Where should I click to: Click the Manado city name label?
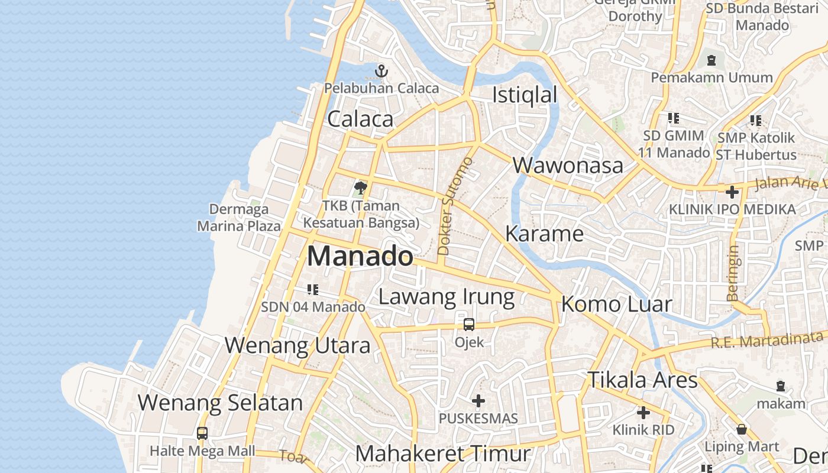click(x=360, y=257)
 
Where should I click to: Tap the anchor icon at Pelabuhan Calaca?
click(x=381, y=72)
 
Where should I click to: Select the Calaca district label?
click(x=360, y=119)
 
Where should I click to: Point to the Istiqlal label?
click(x=525, y=95)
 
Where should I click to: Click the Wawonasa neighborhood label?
click(x=568, y=166)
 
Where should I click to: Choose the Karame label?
click(x=544, y=234)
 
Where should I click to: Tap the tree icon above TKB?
click(x=360, y=189)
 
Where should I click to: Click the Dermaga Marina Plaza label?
click(x=239, y=218)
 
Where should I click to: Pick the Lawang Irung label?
click(x=447, y=297)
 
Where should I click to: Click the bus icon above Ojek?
click(x=469, y=325)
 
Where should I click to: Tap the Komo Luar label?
click(x=616, y=304)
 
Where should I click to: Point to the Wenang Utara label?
click(x=297, y=345)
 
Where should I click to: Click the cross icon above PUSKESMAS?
click(x=478, y=401)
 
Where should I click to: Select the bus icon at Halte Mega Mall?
click(x=202, y=433)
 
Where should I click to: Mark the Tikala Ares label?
click(x=642, y=380)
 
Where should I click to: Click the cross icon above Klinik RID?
click(x=643, y=413)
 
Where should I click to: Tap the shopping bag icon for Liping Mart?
click(x=742, y=429)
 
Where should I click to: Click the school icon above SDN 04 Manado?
click(x=313, y=290)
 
